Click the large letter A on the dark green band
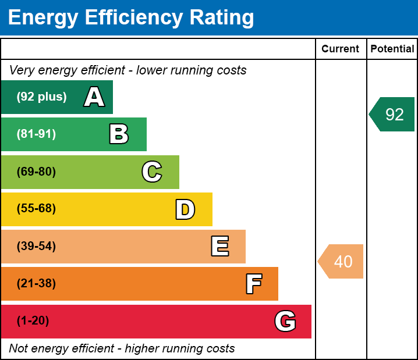coord(94,97)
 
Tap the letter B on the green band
coord(119,134)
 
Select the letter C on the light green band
coord(152,172)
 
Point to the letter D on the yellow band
coord(185,209)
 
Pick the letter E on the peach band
coord(219,247)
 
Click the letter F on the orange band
coord(253,284)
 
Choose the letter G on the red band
coord(285,321)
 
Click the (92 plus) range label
coord(41,97)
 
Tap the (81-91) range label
coord(36,134)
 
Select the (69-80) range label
coord(36,172)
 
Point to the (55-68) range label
coord(36,209)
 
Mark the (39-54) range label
coord(36,247)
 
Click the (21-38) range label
coord(36,284)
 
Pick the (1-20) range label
coord(33,321)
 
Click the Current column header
coord(341,49)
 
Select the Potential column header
coord(392,49)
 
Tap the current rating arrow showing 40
coord(342,262)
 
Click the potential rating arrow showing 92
coord(393,115)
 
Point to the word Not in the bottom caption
coord(19,349)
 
